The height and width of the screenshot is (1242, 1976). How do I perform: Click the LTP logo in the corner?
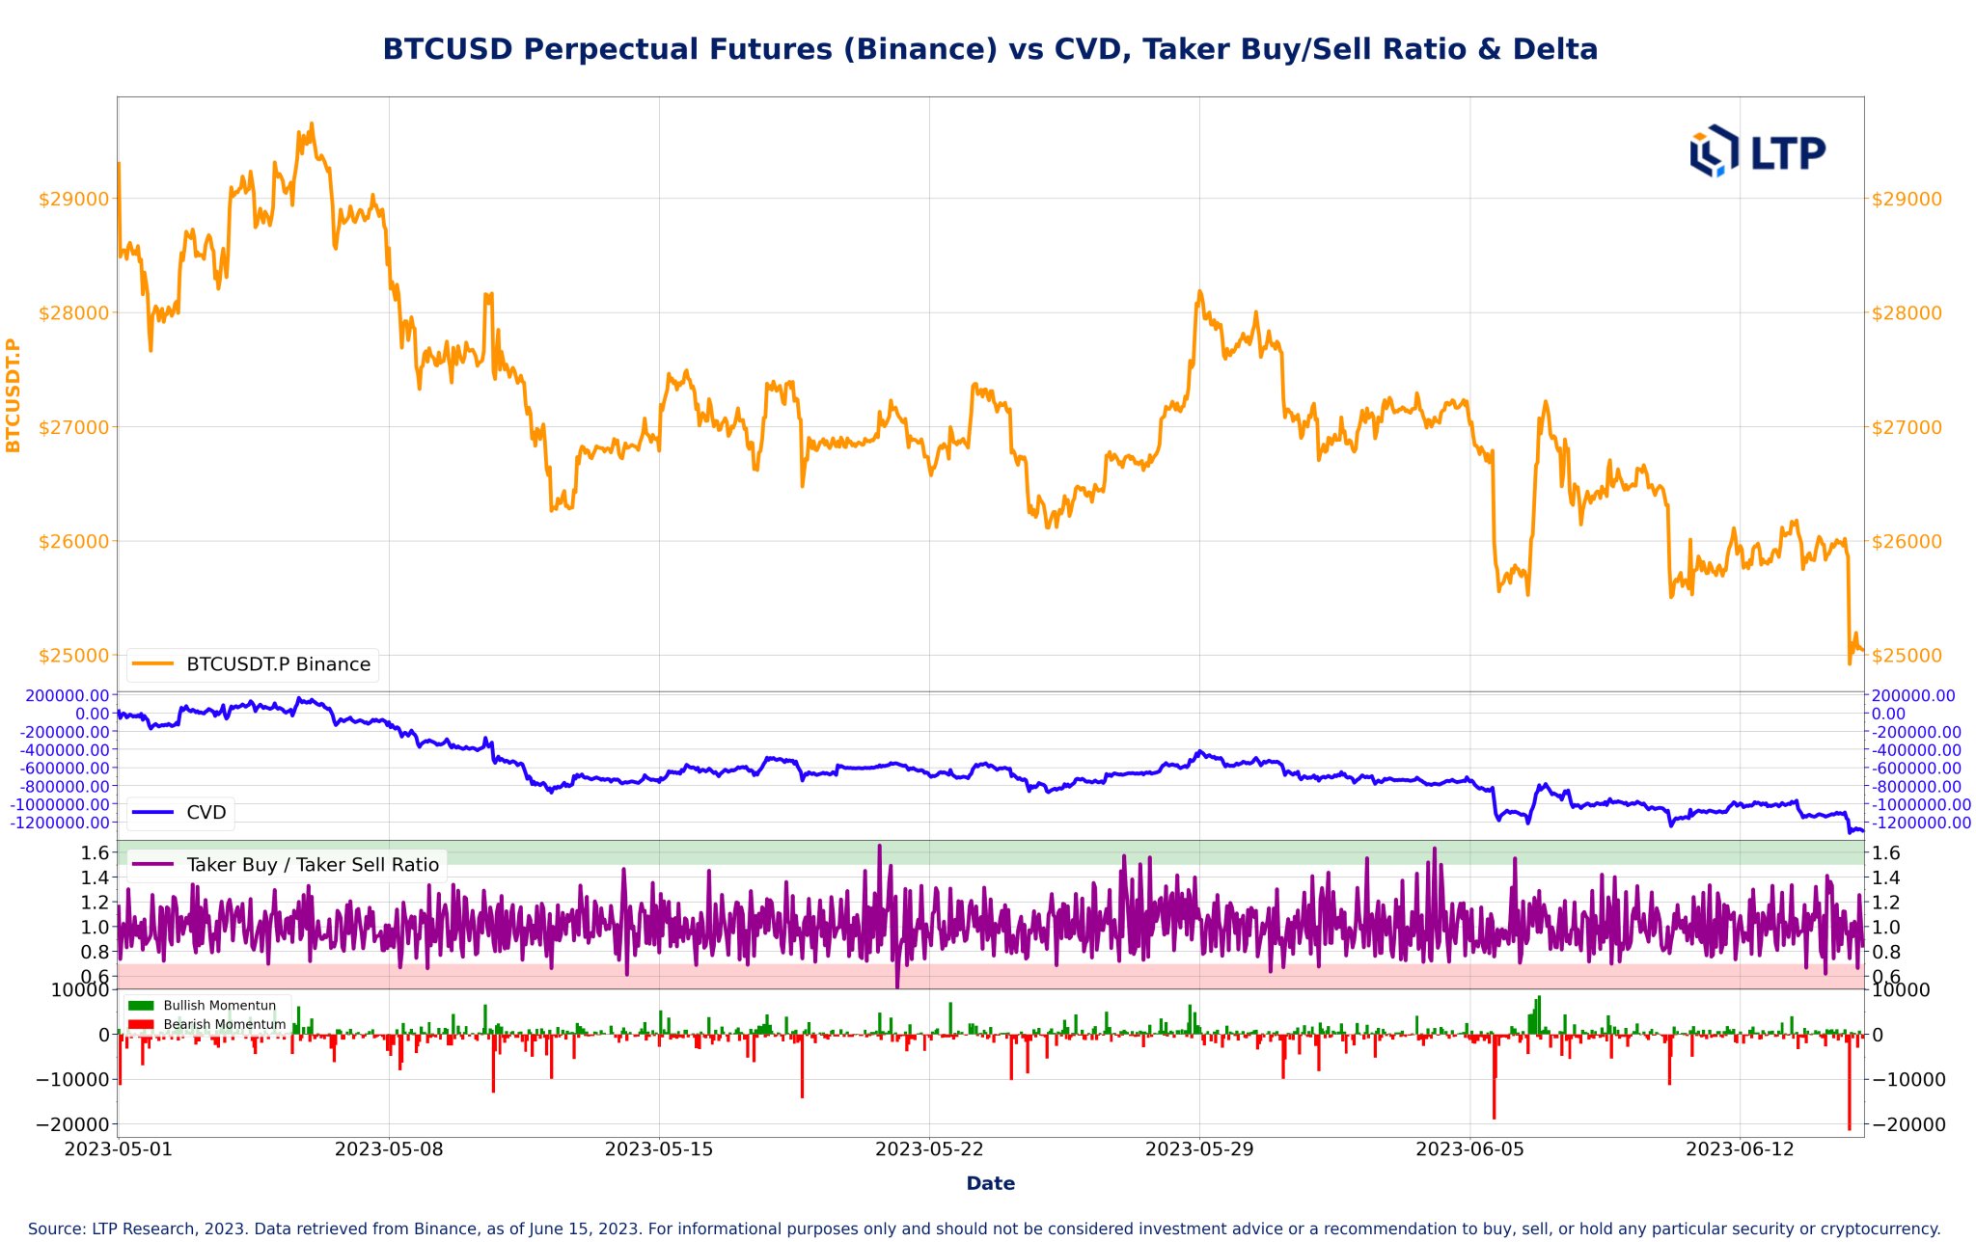pyautogui.click(x=1757, y=151)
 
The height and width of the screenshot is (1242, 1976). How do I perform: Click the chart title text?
pyautogui.click(x=989, y=49)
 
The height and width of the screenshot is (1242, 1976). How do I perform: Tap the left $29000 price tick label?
pyautogui.click(x=73, y=199)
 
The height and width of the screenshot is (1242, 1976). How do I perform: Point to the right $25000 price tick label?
pyautogui.click(x=1907, y=656)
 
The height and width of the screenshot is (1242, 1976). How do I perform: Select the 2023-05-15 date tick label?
pyautogui.click(x=659, y=1149)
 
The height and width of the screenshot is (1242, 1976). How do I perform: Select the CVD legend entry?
pyautogui.click(x=206, y=813)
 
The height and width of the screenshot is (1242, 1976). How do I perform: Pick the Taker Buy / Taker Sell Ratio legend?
pyautogui.click(x=312, y=865)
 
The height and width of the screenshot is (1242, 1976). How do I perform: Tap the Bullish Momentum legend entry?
pyautogui.click(x=219, y=1006)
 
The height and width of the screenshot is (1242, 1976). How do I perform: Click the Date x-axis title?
pyautogui.click(x=990, y=1183)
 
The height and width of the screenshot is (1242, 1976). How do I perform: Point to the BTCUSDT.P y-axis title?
pyautogui.click(x=14, y=394)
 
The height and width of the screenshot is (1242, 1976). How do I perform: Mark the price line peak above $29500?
pyautogui.click(x=312, y=124)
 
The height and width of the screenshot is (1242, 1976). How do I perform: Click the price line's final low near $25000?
pyautogui.click(x=1850, y=662)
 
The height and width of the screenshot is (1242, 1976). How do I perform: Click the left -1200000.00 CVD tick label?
pyautogui.click(x=60, y=823)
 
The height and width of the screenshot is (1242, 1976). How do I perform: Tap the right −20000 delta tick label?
pyautogui.click(x=1908, y=1124)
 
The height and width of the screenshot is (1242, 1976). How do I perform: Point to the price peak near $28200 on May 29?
pyautogui.click(x=1199, y=291)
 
